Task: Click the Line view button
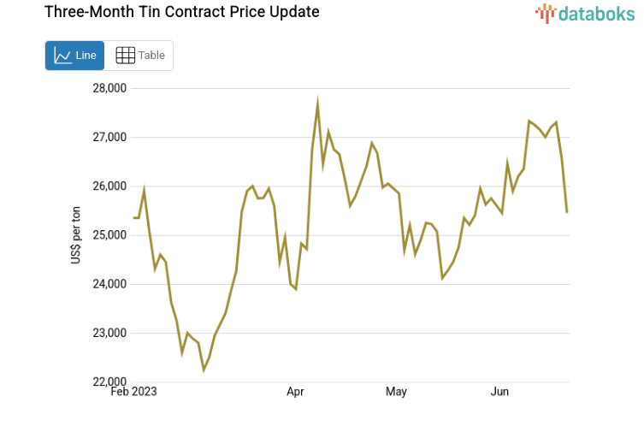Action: [74, 56]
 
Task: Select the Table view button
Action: [140, 56]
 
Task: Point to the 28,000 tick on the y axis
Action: [109, 88]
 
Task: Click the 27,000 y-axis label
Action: [109, 137]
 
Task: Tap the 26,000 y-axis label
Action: [109, 186]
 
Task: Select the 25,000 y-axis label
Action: [109, 235]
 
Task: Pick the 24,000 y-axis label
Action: [109, 284]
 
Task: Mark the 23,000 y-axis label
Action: [109, 333]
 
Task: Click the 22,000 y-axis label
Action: [109, 382]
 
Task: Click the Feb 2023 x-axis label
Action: [134, 393]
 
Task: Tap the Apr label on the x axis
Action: [296, 393]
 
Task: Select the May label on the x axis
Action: [396, 393]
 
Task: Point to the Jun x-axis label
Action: [500, 393]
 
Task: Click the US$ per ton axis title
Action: [76, 235]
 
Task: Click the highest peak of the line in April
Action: [317, 103]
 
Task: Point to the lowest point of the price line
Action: [204, 370]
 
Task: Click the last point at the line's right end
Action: [567, 211]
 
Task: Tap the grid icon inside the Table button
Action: [125, 56]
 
